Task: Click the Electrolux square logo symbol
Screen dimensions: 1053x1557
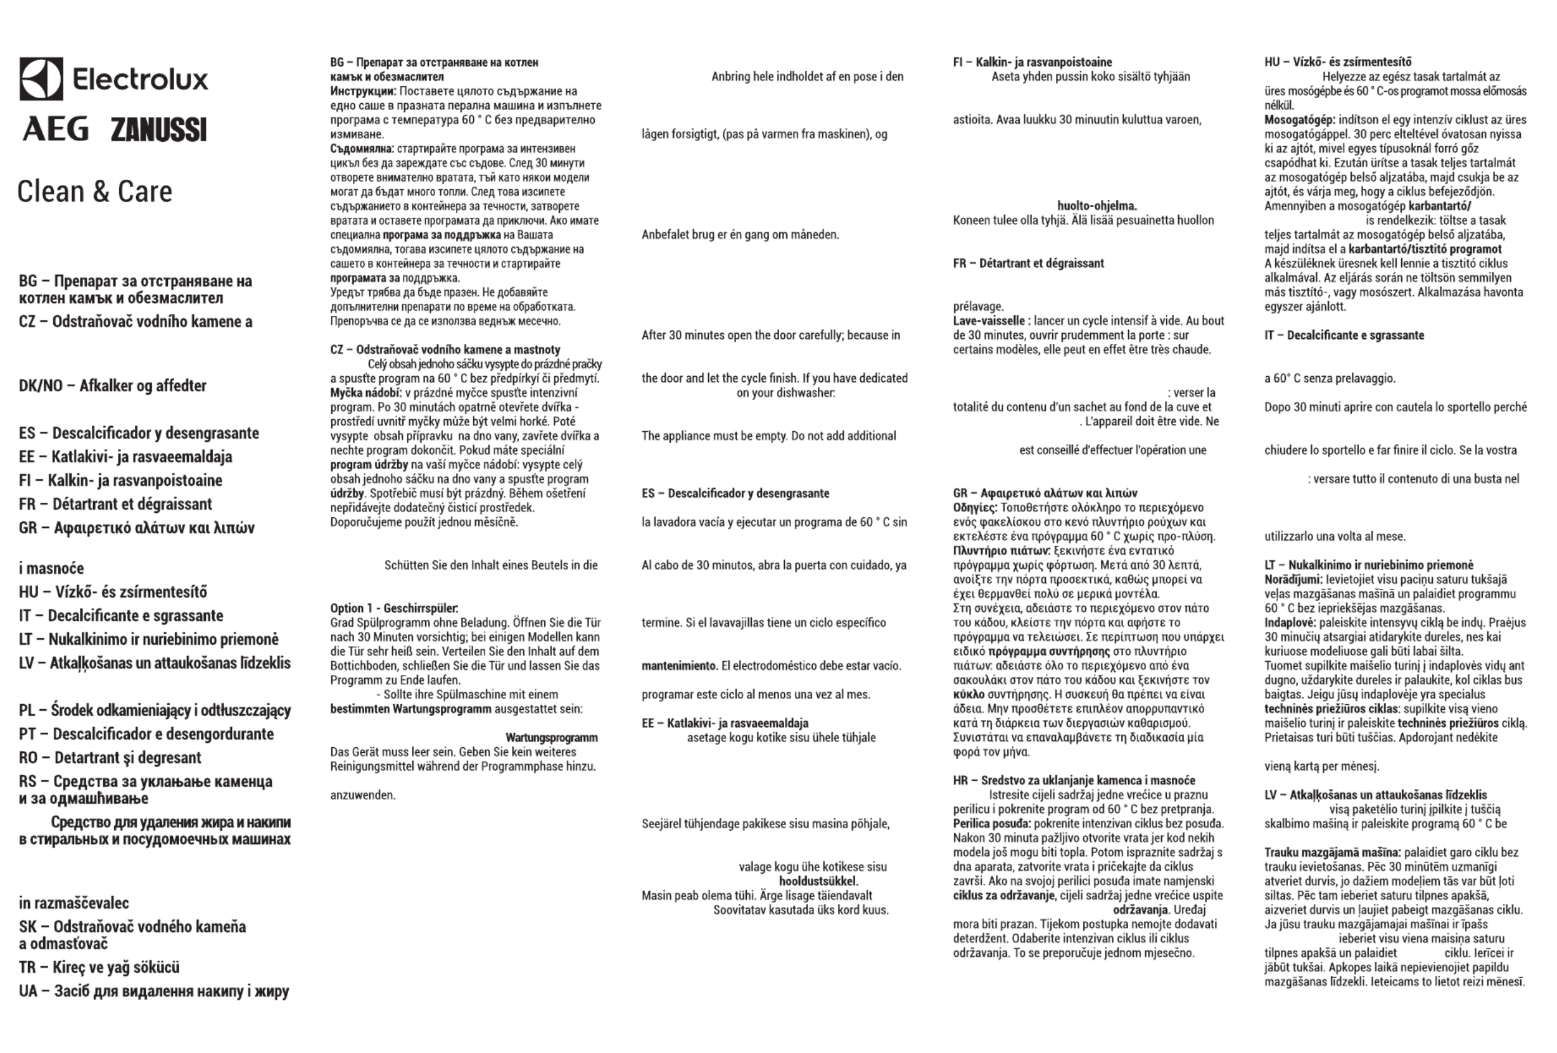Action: click(41, 79)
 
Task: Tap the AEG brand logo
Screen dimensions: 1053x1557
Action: click(56, 129)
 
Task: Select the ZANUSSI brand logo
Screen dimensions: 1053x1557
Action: click(159, 130)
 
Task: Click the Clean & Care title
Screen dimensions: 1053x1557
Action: click(94, 192)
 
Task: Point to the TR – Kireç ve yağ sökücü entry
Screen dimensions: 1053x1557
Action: click(99, 968)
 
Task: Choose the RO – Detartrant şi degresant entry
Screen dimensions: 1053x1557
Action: click(110, 757)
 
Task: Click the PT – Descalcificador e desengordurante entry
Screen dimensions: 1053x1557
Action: click(146, 734)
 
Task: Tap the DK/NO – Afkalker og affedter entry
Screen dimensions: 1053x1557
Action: click(113, 386)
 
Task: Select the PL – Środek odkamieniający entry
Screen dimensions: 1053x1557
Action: click(155, 710)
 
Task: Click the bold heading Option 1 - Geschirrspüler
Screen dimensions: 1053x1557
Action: click(394, 608)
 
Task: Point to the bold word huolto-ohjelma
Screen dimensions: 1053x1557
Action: click(1096, 206)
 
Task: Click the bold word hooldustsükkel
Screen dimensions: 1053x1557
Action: click(818, 881)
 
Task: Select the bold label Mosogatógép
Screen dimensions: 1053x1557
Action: click(1299, 120)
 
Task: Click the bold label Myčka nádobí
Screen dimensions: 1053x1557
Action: click(365, 393)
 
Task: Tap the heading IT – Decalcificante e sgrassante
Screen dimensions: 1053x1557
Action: click(1344, 335)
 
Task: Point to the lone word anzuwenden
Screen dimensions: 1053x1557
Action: click(362, 795)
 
